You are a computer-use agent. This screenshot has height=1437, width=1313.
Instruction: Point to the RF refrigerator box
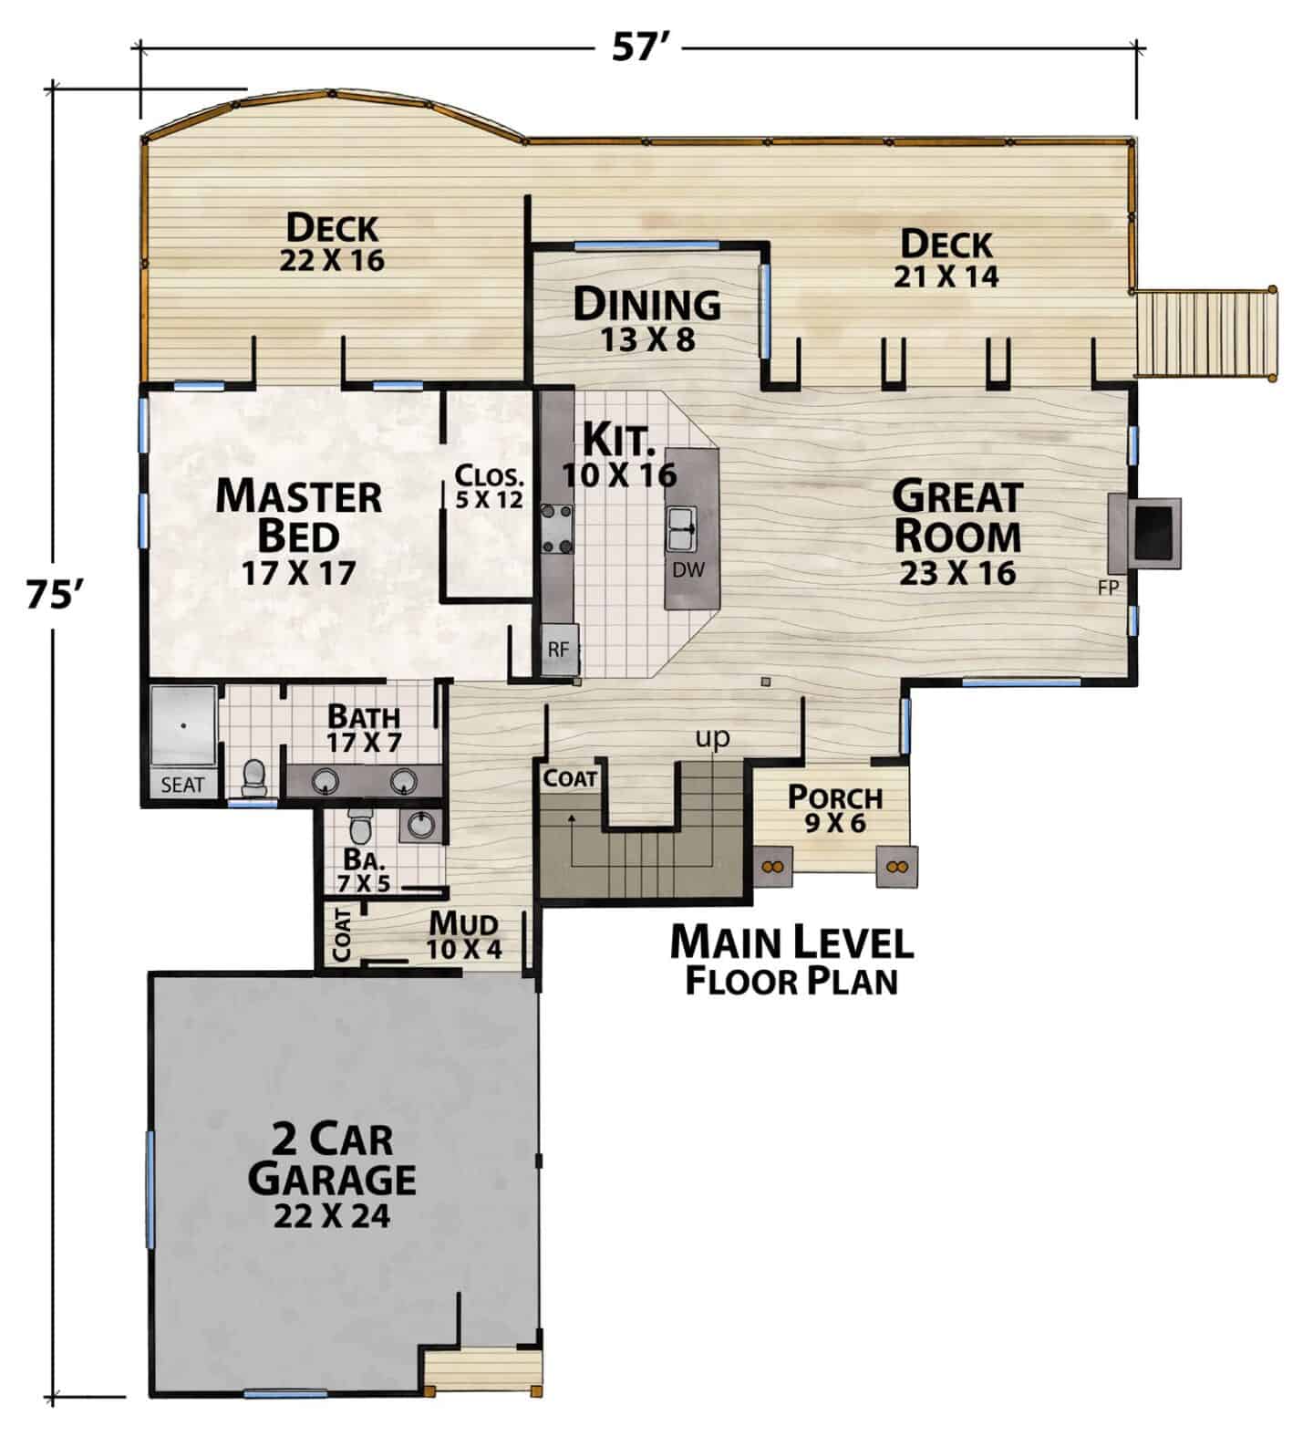tap(559, 650)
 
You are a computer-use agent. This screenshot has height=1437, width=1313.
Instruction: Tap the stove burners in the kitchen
tap(557, 528)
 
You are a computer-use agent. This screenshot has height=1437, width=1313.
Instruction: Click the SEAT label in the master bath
tap(182, 785)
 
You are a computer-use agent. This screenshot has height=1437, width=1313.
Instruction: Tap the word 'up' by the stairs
tap(713, 737)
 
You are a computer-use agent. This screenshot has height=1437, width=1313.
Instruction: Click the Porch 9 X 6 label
tap(835, 809)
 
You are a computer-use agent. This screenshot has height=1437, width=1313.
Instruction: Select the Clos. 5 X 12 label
tap(490, 486)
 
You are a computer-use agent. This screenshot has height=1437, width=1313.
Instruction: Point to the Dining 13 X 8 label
tap(647, 318)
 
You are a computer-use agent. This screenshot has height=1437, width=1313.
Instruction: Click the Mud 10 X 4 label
tap(465, 934)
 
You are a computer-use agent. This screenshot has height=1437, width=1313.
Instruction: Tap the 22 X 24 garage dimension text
tap(332, 1215)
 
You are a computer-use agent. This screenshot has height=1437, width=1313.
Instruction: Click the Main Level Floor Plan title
tap(791, 959)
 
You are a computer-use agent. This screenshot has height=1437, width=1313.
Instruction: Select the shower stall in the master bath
tap(183, 726)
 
